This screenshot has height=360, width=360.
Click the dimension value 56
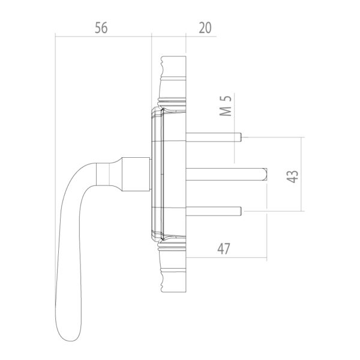pyautogui.click(x=101, y=28)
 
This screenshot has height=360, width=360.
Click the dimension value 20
pyautogui.click(x=205, y=28)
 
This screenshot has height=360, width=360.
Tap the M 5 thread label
pyautogui.click(x=226, y=106)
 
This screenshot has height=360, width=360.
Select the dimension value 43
pyautogui.click(x=293, y=176)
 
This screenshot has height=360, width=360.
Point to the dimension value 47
pyautogui.click(x=224, y=249)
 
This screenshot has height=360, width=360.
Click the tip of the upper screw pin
pyautogui.click(x=241, y=137)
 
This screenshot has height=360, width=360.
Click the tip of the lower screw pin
pyautogui.click(x=241, y=211)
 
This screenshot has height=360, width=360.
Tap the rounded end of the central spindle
pyautogui.click(x=266, y=174)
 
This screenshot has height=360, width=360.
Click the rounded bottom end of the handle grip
pyautogui.click(x=69, y=335)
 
